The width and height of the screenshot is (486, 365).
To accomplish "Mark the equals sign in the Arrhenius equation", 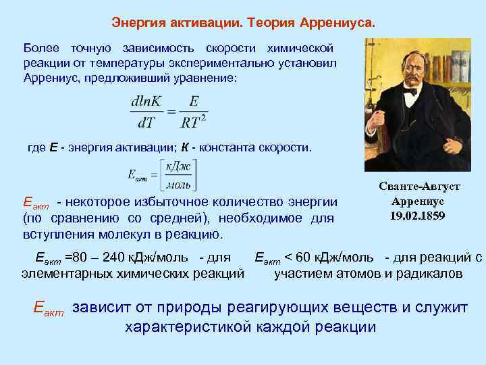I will [x=172, y=113].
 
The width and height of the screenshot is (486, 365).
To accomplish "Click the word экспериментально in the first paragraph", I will [x=252, y=64].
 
